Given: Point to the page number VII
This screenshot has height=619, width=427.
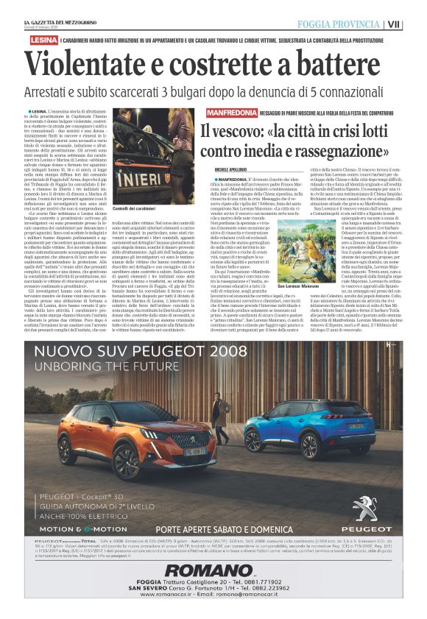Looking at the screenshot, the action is (415, 24).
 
